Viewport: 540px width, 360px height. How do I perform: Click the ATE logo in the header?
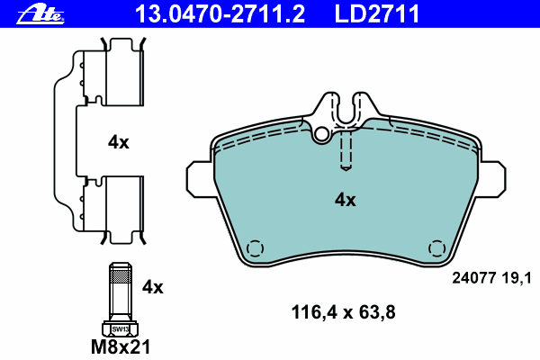pos(40,14)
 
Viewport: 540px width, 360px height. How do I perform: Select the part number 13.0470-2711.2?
pos(220,13)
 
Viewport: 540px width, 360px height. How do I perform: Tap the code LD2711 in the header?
pos(377,13)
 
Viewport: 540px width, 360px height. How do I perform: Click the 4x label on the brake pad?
pos(346,200)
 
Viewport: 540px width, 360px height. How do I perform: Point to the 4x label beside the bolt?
pos(153,287)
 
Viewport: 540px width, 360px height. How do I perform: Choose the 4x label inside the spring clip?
pos(119,142)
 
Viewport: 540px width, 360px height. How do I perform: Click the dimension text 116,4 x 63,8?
pos(344,312)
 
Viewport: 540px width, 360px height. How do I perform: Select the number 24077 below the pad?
pos(474,278)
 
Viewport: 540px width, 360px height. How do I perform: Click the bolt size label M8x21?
pos(121,346)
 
